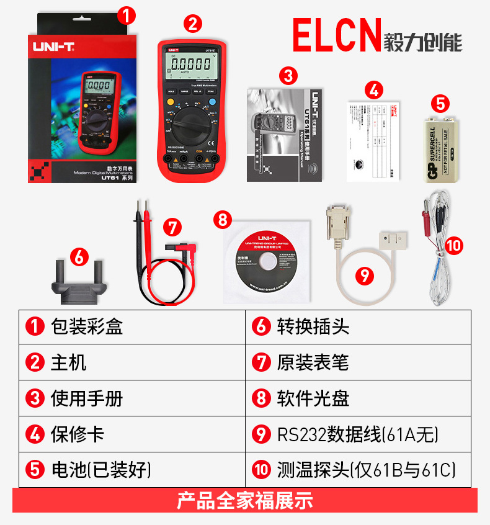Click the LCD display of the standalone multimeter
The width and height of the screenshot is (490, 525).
click(190, 64)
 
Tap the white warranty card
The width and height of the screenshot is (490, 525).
click(372, 141)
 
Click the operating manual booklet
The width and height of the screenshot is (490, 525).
click(283, 135)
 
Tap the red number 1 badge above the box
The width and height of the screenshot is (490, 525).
click(127, 16)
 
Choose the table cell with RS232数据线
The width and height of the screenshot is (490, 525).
click(358, 434)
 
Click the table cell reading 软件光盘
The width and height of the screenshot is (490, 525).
click(358, 398)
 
